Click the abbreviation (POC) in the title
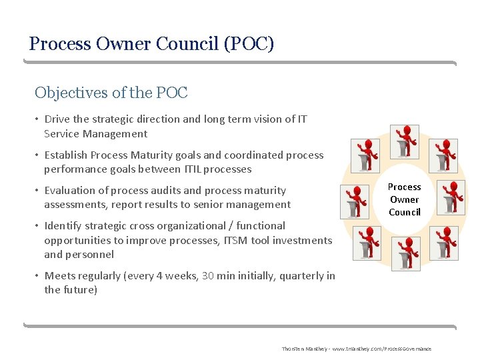[x=249, y=44]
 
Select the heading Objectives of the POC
[x=111, y=93]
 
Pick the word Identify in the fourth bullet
[x=64, y=226]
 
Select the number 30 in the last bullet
[x=208, y=276]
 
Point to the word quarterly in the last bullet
[x=301, y=276]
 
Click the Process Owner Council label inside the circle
[x=405, y=199]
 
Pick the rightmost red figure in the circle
[x=453, y=197]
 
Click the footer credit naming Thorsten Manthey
[x=356, y=349]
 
